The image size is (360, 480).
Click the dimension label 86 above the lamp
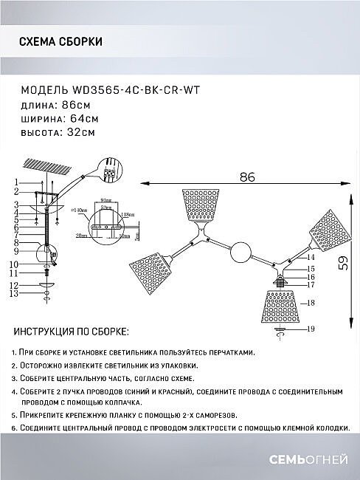point(246,176)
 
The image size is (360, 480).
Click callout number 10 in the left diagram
point(13,264)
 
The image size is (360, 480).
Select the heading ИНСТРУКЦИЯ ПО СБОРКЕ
point(71,332)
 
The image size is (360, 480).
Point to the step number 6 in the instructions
point(15,428)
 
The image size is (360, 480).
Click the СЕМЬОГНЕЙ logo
point(315,461)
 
